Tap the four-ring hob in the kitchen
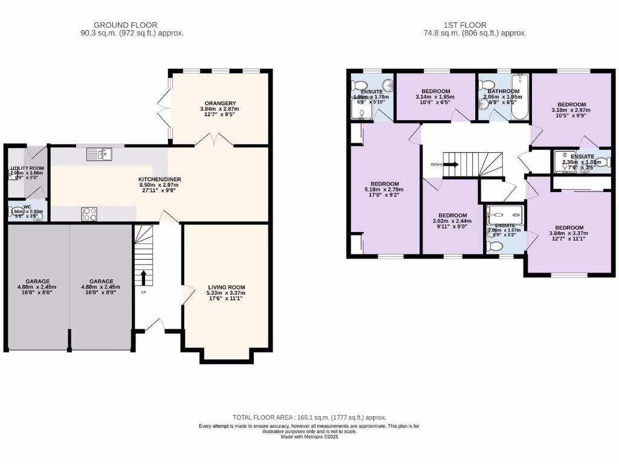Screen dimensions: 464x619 point(89,214)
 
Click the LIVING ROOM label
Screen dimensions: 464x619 point(226,287)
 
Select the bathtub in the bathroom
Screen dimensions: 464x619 point(519,91)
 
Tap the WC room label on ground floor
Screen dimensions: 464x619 point(27,207)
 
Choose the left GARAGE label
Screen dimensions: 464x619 point(37,281)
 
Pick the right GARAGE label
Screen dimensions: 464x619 point(101,281)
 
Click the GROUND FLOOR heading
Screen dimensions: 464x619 point(132,25)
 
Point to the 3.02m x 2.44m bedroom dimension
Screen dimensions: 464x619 point(452,222)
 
